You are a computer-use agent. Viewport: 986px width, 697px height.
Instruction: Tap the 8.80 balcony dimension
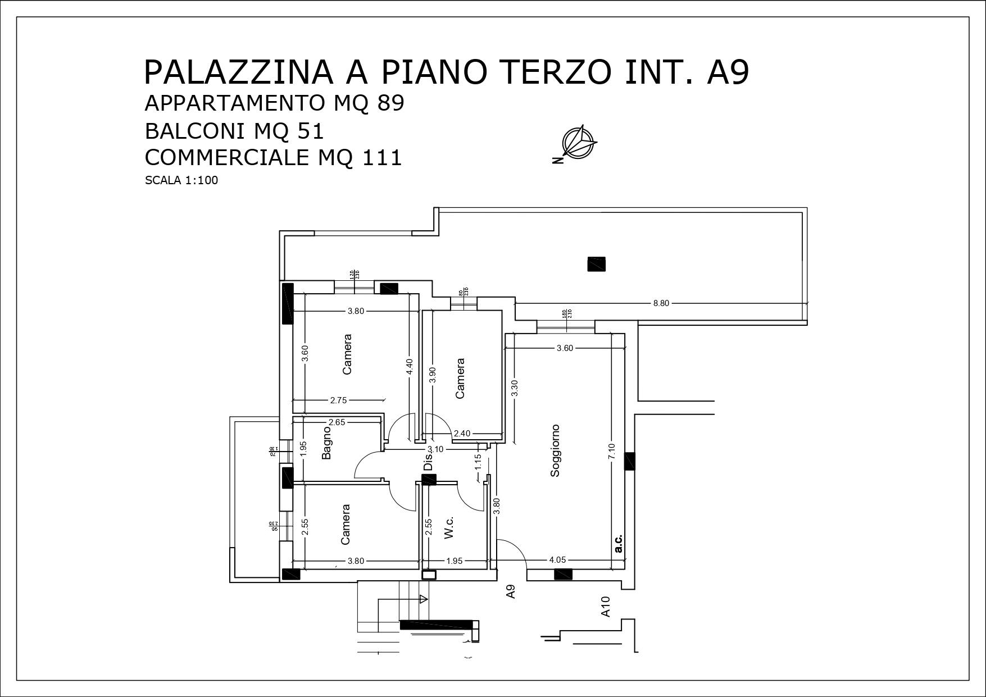tap(661, 303)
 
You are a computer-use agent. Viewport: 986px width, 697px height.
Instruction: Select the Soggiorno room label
tap(555, 450)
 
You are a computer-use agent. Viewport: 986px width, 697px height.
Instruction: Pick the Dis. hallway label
tap(428, 462)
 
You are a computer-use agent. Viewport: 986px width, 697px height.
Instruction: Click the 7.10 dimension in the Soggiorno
tap(612, 450)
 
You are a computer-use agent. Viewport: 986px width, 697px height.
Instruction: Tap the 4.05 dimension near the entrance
tap(557, 560)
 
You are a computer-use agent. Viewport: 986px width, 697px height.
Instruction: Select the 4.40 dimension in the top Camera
tap(409, 367)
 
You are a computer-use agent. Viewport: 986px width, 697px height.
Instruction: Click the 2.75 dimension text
tap(338, 400)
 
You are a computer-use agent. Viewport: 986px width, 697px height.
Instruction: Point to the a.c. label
tap(618, 543)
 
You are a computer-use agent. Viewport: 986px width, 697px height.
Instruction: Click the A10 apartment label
tap(606, 607)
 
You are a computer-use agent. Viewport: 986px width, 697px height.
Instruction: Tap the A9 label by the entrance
tap(511, 591)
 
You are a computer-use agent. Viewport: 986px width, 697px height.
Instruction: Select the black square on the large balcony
tap(596, 264)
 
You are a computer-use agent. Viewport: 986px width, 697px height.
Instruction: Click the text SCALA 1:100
tap(181, 181)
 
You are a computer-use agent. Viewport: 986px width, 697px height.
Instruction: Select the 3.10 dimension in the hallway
tap(435, 449)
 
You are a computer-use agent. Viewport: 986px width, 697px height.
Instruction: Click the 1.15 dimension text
tap(478, 461)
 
